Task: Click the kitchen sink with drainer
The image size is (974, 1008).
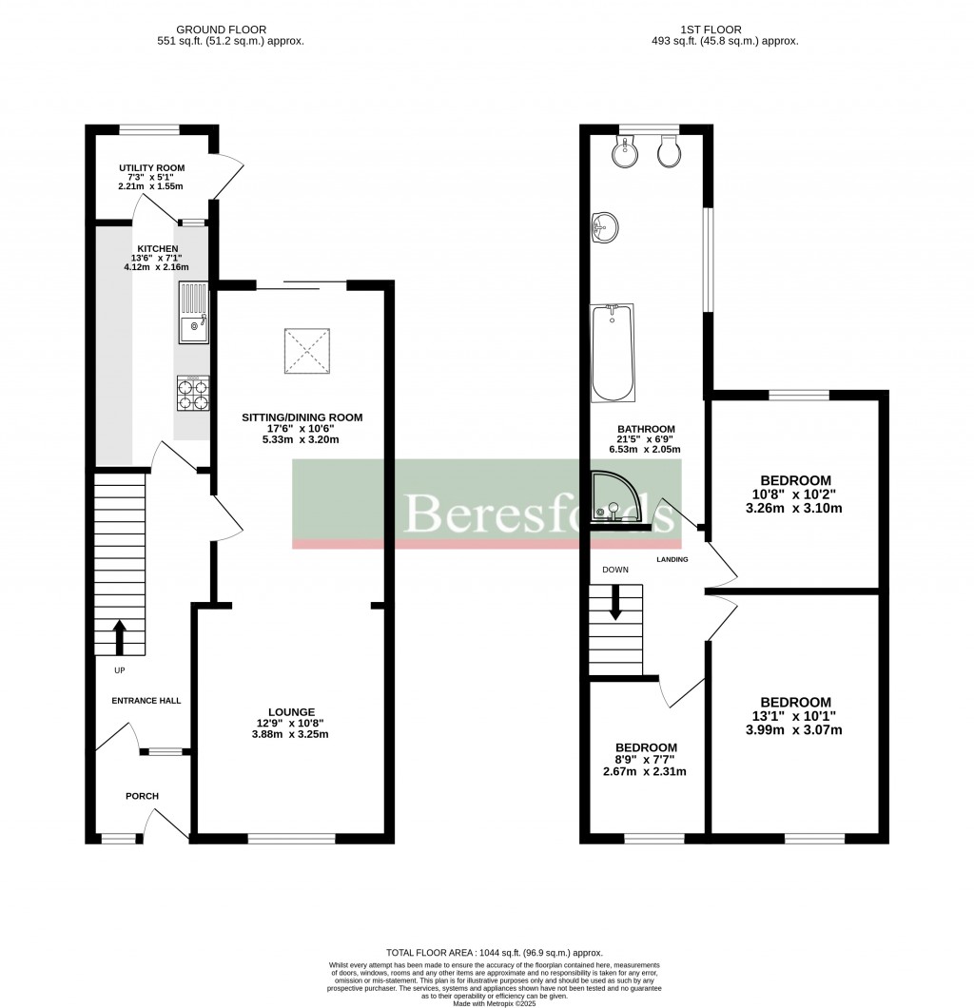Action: point(193,313)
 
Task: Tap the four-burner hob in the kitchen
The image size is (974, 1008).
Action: point(193,394)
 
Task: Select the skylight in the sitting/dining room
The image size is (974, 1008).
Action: point(308,351)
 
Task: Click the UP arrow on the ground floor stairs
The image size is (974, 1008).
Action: point(120,638)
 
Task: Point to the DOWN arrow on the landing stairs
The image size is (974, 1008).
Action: point(616,603)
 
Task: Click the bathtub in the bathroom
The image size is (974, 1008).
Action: point(611,353)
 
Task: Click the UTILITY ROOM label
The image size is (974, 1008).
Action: point(151,168)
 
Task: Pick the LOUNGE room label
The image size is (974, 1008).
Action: point(291,711)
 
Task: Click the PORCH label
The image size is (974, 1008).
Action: point(142,796)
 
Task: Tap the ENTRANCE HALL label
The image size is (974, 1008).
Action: point(146,701)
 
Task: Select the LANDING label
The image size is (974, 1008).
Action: point(672,559)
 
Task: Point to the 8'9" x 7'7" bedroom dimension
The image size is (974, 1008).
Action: point(646,759)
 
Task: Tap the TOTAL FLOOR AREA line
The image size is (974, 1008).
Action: point(494,953)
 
